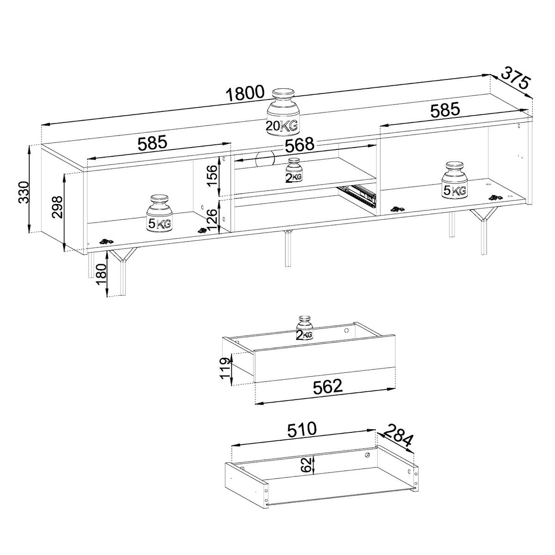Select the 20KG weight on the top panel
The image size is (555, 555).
[282, 113]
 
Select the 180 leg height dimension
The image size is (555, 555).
[101, 277]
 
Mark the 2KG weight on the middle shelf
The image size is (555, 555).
[294, 171]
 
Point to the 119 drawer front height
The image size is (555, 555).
[225, 368]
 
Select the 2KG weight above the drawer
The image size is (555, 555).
[304, 329]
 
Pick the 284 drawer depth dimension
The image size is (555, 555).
[399, 436]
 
